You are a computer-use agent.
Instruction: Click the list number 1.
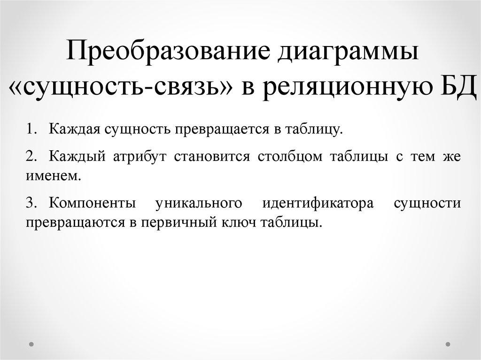coord(31,129)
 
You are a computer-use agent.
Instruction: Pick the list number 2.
coord(31,157)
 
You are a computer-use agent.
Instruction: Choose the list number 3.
coord(31,203)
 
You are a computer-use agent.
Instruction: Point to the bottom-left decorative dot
coord(31,344)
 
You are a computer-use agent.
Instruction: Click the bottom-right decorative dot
coord(450,344)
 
